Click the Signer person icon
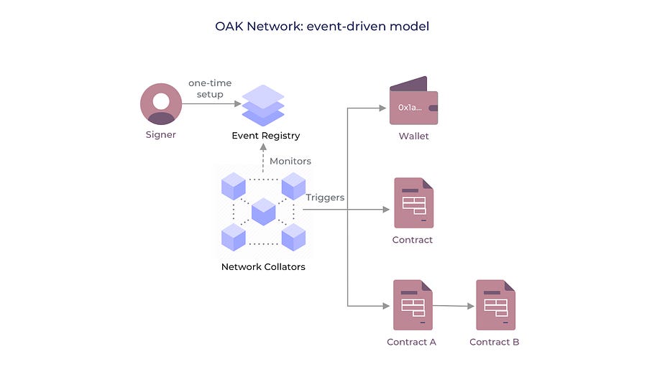[161, 104]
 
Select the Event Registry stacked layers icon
[263, 106]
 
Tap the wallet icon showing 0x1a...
[413, 101]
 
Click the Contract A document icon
[413, 305]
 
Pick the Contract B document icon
[495, 305]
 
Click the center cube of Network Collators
[263, 211]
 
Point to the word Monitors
[290, 161]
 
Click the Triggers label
[325, 197]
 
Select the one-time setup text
[210, 88]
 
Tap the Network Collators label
[263, 266]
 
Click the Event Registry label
[266, 136]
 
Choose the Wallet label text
[413, 136]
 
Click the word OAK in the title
[229, 27]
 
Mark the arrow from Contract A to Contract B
[454, 306]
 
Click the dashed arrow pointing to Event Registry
[263, 158]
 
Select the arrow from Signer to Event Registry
[211, 104]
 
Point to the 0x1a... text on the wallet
[410, 108]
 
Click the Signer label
[160, 135]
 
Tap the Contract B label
[495, 342]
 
